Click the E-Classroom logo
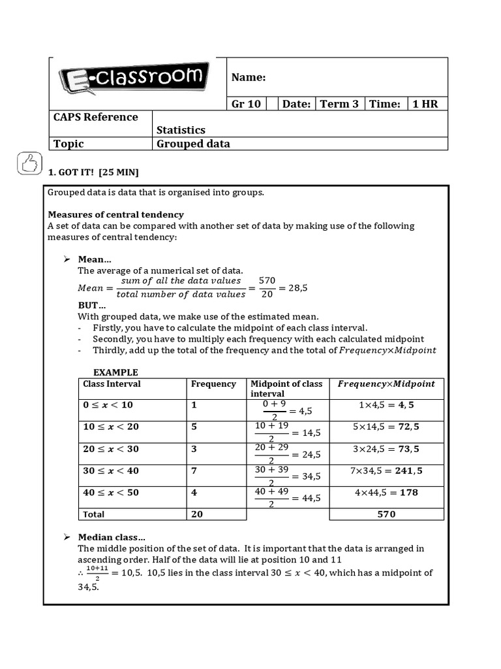[x=135, y=78]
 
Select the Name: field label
[x=249, y=78]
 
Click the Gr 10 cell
[x=246, y=104]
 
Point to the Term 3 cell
[x=339, y=104]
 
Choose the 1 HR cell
[x=425, y=104]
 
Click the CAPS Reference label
[x=96, y=117]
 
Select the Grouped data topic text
[x=193, y=144]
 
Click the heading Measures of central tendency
[x=115, y=214]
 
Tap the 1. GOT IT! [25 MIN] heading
[x=93, y=172]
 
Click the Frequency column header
[x=213, y=384]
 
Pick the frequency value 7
[x=194, y=471]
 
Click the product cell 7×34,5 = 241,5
[x=386, y=471]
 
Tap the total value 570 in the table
[x=386, y=514]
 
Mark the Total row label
[x=93, y=514]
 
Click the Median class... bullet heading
[x=112, y=537]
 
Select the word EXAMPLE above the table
[x=115, y=372]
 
